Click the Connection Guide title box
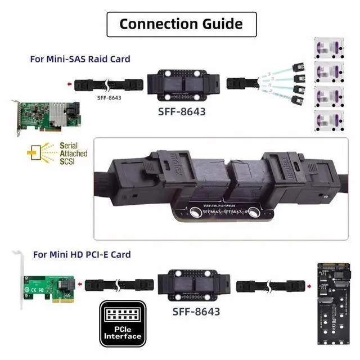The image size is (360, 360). point(181,24)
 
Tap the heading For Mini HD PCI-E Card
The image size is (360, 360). point(82,254)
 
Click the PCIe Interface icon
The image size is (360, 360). point(122,323)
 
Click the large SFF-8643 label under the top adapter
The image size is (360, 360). point(181,111)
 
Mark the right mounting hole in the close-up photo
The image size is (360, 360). point(253,212)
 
